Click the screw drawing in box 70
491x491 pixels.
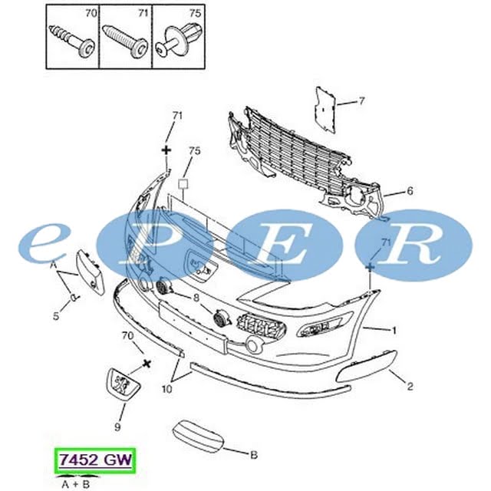point(72,42)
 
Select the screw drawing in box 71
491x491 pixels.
point(126,41)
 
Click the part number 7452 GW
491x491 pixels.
point(95,460)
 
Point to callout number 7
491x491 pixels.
point(361,101)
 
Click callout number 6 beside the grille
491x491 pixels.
point(410,191)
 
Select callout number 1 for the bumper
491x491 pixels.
point(394,330)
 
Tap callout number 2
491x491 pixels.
point(410,387)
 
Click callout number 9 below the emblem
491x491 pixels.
point(117,427)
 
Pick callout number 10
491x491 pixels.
point(167,389)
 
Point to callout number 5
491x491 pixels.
point(56,316)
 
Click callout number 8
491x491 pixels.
point(196,298)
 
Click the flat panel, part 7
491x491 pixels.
point(325,110)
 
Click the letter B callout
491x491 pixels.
point(254,454)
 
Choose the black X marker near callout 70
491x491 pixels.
point(147,363)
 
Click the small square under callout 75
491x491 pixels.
point(183,184)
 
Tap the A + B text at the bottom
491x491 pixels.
point(75,484)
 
